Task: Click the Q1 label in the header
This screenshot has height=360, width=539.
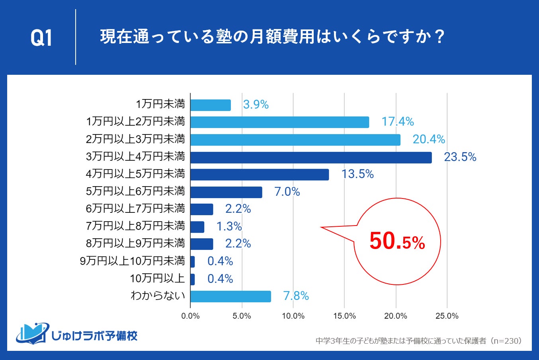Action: pos(41,38)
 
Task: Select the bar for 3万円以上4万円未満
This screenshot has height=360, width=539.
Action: pos(311,158)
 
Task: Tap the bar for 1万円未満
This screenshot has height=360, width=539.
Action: pos(210,105)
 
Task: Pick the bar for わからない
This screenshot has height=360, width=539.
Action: pos(230,296)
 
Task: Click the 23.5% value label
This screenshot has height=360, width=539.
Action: pos(460,157)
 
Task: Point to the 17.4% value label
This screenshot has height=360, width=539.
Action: pos(397,122)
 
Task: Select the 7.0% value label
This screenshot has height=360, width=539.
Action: pos(287,192)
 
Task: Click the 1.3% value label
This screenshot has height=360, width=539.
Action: pos(229,226)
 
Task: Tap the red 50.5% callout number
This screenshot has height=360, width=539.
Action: pos(397,241)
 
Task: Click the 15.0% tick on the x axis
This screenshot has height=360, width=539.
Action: pos(344,316)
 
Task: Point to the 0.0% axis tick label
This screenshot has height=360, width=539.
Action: pos(190,316)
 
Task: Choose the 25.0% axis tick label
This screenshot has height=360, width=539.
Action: pos(447,316)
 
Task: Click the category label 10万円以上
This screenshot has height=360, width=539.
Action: pos(157,278)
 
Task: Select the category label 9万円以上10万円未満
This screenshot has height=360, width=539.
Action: pos(133,261)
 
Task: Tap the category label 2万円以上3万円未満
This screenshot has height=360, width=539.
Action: pos(135,139)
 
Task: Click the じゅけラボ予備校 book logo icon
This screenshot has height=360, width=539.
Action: pos(32,333)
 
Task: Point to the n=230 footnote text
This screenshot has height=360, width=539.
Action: pos(506,341)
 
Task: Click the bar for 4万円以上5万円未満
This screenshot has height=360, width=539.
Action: pos(260,175)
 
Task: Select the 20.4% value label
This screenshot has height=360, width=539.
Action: pos(428,139)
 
